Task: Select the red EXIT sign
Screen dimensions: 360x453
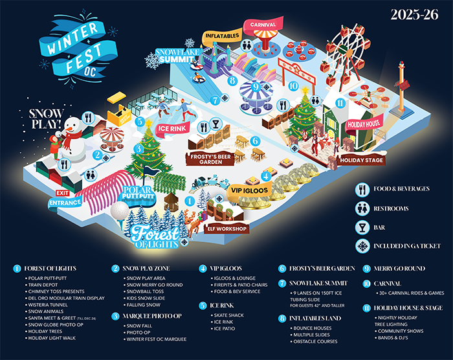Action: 62,193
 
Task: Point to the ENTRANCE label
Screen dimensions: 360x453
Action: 63,203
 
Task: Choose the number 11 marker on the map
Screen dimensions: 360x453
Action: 340,102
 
